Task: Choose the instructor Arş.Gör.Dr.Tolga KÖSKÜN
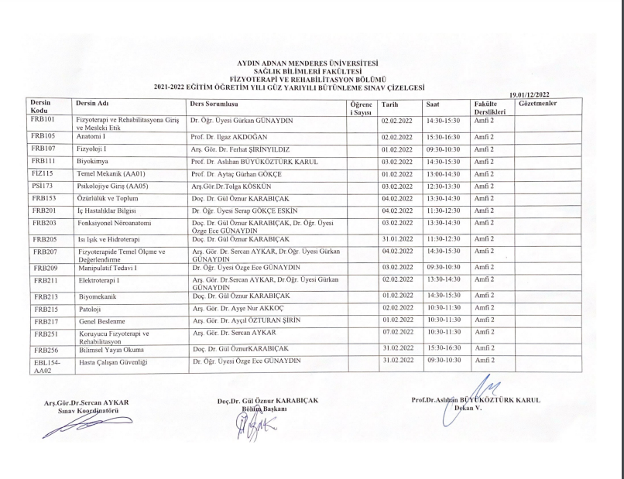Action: (x=231, y=186)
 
